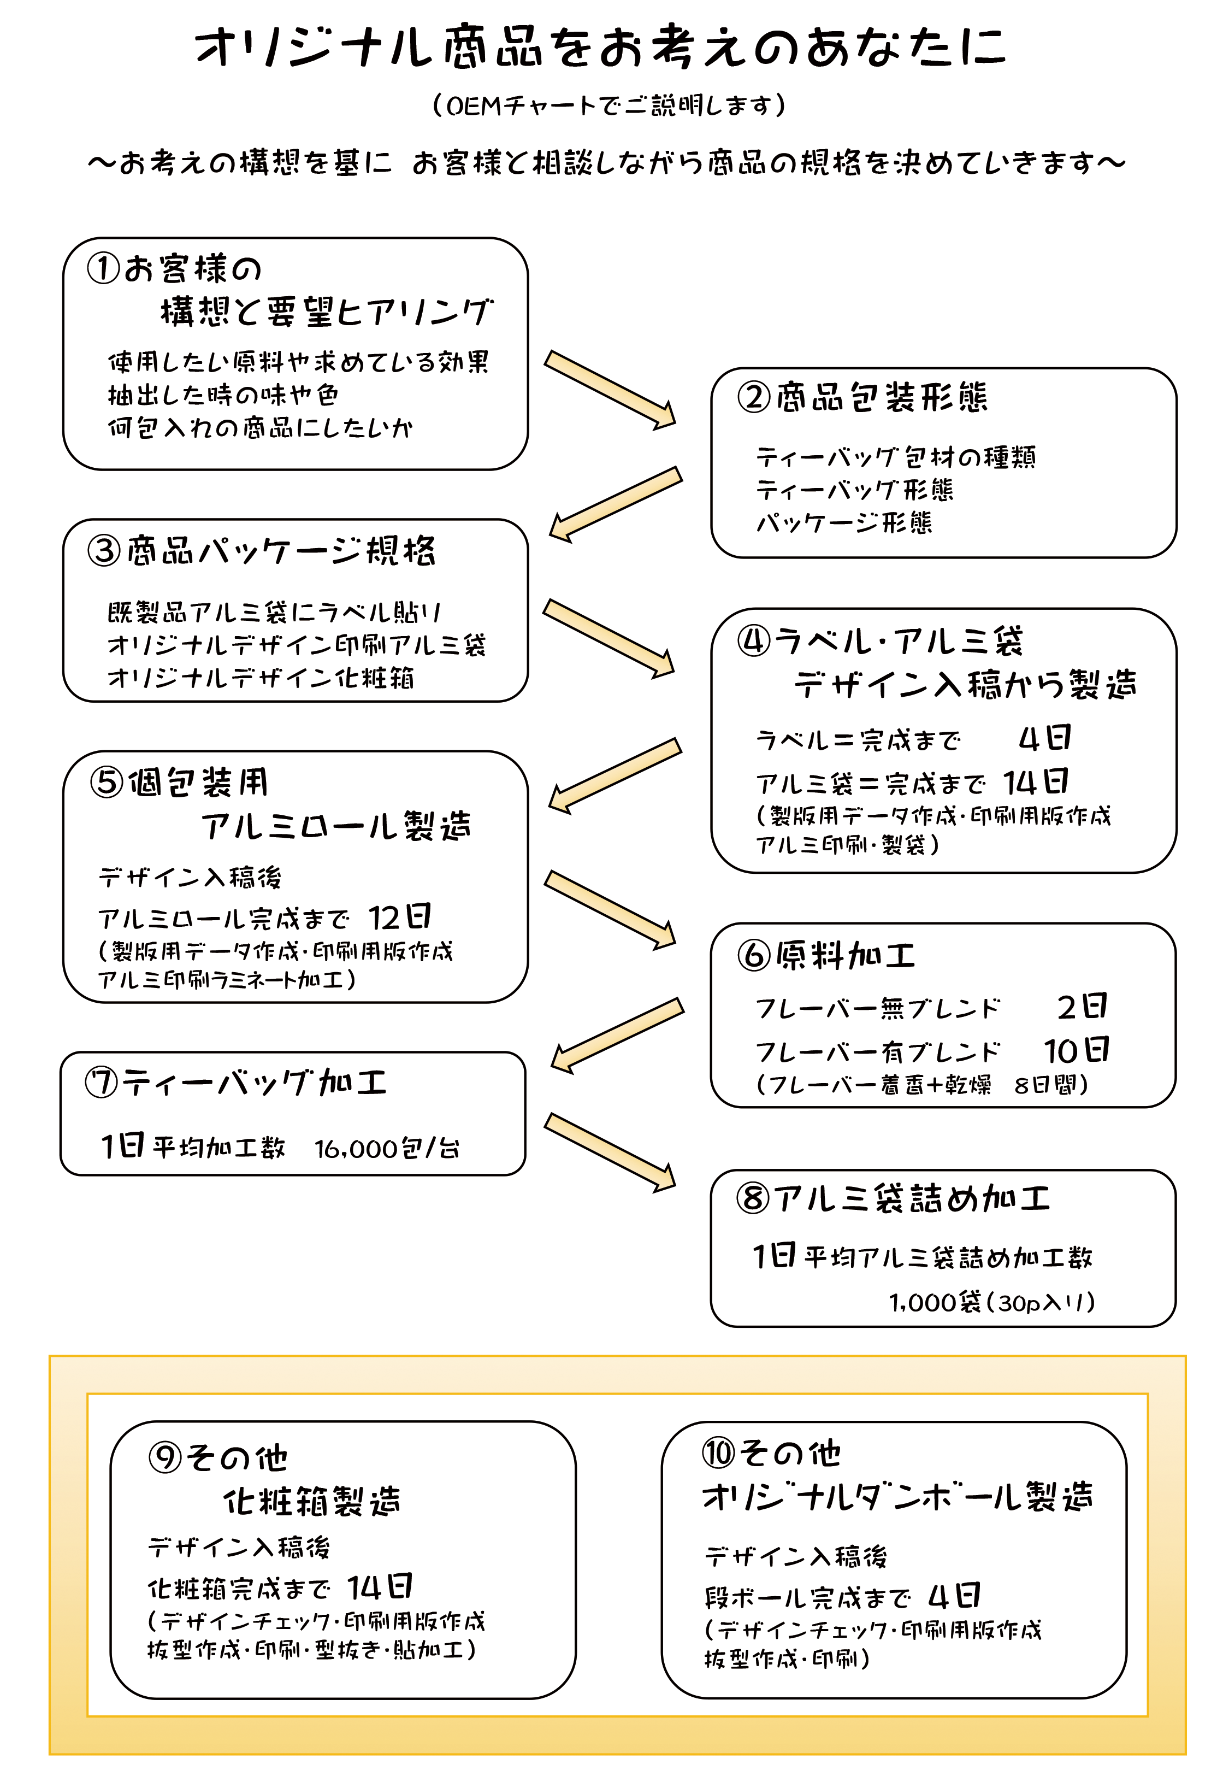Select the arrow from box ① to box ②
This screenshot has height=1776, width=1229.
coord(610,389)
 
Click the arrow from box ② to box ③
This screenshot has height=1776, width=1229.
coord(615,504)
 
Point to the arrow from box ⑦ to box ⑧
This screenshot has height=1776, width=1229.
coord(610,1152)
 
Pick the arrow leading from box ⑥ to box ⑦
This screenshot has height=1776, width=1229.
coord(617,1034)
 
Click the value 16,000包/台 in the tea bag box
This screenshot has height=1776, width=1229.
coord(387,1148)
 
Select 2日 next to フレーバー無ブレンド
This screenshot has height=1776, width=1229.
coord(1082,1006)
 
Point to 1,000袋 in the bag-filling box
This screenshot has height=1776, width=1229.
coord(935,1302)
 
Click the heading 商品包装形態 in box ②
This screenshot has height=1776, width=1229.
coord(881,397)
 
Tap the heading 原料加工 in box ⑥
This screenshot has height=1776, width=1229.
coord(845,955)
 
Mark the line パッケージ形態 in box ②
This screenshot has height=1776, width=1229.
coord(844,523)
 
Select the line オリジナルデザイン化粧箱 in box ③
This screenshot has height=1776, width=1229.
coord(261,678)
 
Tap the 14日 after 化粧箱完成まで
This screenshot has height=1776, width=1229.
coord(379,1587)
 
